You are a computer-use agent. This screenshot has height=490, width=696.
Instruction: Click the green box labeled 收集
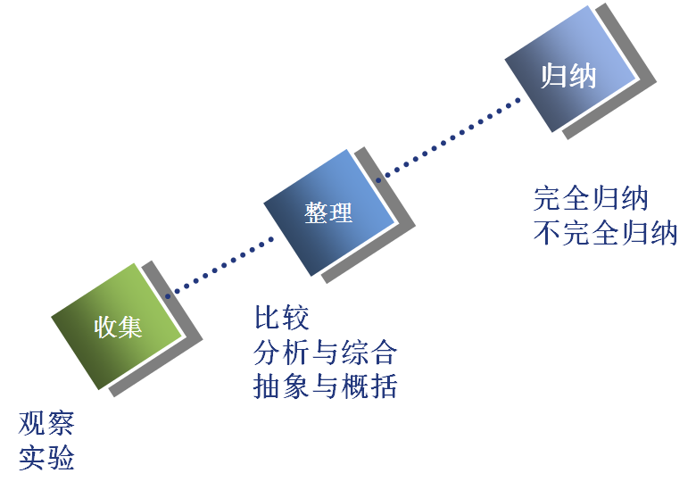click(x=117, y=327)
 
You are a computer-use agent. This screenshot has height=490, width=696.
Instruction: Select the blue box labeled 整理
click(x=329, y=213)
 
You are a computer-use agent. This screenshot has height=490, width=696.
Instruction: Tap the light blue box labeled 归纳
click(x=570, y=69)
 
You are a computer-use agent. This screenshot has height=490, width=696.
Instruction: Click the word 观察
click(x=46, y=423)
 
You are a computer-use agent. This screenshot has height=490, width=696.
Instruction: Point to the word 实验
click(x=46, y=458)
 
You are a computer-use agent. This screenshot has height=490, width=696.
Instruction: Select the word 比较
click(x=281, y=318)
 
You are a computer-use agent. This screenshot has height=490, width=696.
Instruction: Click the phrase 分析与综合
click(x=326, y=352)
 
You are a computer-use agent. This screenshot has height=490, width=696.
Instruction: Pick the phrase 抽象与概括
click(x=326, y=386)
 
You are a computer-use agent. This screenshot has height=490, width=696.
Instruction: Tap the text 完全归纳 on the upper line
click(x=591, y=198)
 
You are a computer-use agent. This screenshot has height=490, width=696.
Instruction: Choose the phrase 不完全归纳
click(x=606, y=233)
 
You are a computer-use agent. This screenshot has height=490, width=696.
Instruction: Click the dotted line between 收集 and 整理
click(x=220, y=268)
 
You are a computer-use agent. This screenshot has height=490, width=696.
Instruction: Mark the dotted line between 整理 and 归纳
click(x=448, y=140)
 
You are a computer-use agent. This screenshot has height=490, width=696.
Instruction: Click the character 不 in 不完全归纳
click(x=548, y=233)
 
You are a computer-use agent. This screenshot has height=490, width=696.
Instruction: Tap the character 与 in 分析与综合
click(x=326, y=352)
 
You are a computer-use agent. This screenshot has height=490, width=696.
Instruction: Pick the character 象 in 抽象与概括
click(x=296, y=386)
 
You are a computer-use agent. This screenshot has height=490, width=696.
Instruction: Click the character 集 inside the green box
click(x=130, y=328)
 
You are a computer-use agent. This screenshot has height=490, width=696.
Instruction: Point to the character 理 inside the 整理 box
click(x=341, y=213)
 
